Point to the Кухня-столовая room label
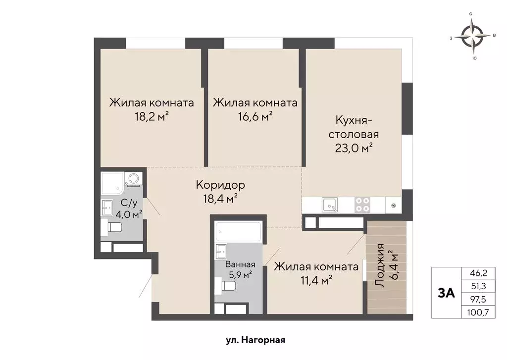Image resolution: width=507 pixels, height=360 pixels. pyautogui.click(x=357, y=127)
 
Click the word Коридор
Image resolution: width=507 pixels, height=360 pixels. pyautogui.click(x=220, y=185)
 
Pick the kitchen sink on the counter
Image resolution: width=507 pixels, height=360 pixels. pyautogui.click(x=330, y=204)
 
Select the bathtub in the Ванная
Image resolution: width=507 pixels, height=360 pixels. pyautogui.click(x=238, y=231)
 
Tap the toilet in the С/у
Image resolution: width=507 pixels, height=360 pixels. pyautogui.click(x=115, y=228)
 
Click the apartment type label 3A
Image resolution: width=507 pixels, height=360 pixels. pyautogui.click(x=446, y=293)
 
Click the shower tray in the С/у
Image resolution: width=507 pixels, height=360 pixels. pyautogui.click(x=113, y=183)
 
